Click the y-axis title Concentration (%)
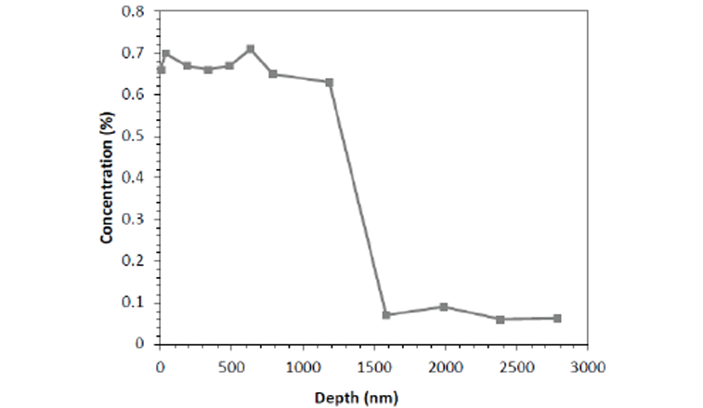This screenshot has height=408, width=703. click(108, 178)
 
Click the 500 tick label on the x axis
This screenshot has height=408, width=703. click(231, 365)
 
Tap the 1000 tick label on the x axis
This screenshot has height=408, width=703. click(302, 365)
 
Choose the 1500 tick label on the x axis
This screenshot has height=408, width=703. click(373, 365)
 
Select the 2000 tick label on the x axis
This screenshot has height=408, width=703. click(445, 365)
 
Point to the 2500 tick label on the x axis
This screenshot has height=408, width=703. click(516, 365)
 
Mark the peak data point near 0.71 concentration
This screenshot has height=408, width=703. click(250, 48)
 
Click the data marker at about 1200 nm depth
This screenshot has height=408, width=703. click(330, 82)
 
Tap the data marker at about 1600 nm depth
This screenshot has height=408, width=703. click(386, 315)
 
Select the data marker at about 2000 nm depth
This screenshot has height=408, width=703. click(444, 307)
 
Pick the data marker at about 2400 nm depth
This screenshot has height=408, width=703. click(501, 320)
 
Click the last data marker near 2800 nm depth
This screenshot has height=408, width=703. click(558, 319)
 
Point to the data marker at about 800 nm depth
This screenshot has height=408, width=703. click(273, 73)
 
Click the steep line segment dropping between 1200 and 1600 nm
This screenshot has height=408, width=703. click(358, 198)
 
